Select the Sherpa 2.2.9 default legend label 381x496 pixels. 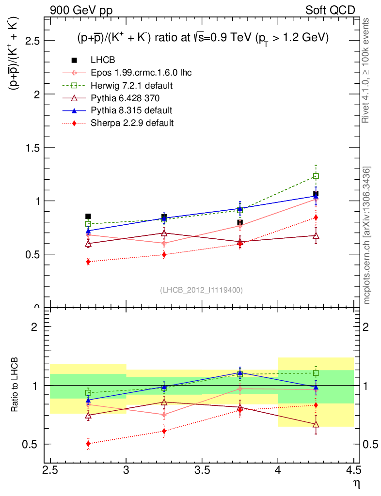tap(132, 123)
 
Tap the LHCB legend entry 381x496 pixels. tap(102, 60)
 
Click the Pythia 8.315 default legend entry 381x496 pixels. tap(131, 110)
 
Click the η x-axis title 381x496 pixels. tap(356, 483)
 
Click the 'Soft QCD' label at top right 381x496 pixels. tap(331, 10)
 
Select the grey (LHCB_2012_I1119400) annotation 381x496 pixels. tap(201, 290)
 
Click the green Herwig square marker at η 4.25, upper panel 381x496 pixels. tap(316, 176)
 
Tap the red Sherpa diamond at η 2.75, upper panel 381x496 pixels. tap(88, 262)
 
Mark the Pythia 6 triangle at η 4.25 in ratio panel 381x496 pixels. tap(316, 424)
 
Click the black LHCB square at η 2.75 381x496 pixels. tap(88, 217)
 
